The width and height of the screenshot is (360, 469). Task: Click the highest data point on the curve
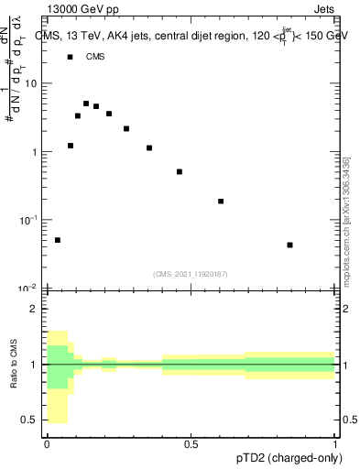point(86,104)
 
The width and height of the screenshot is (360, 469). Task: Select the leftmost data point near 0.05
point(58,240)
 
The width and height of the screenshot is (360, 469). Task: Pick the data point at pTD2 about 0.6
point(221,201)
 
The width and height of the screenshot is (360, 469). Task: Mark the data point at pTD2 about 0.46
point(180,171)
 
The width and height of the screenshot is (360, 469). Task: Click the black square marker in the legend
point(70,57)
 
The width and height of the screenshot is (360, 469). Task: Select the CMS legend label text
point(95,57)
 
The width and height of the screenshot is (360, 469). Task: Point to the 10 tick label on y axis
point(30,83)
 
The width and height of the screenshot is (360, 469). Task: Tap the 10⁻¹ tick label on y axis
point(27,220)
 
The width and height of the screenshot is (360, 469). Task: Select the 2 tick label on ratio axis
point(34,309)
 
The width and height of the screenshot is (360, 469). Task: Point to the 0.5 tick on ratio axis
point(29,420)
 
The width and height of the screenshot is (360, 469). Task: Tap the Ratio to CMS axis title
point(14,365)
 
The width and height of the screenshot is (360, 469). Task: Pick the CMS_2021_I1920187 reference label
point(191,274)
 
